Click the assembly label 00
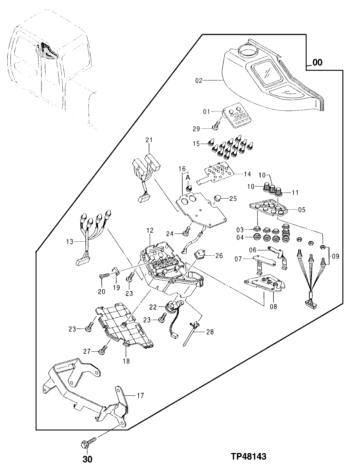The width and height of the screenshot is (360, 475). pos(317,63)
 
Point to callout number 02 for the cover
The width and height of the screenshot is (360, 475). pos(199,80)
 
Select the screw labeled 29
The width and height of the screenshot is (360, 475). pos(215,127)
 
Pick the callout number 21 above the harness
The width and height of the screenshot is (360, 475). pos(149,140)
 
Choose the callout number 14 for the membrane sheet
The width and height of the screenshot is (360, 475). pos(247,174)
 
